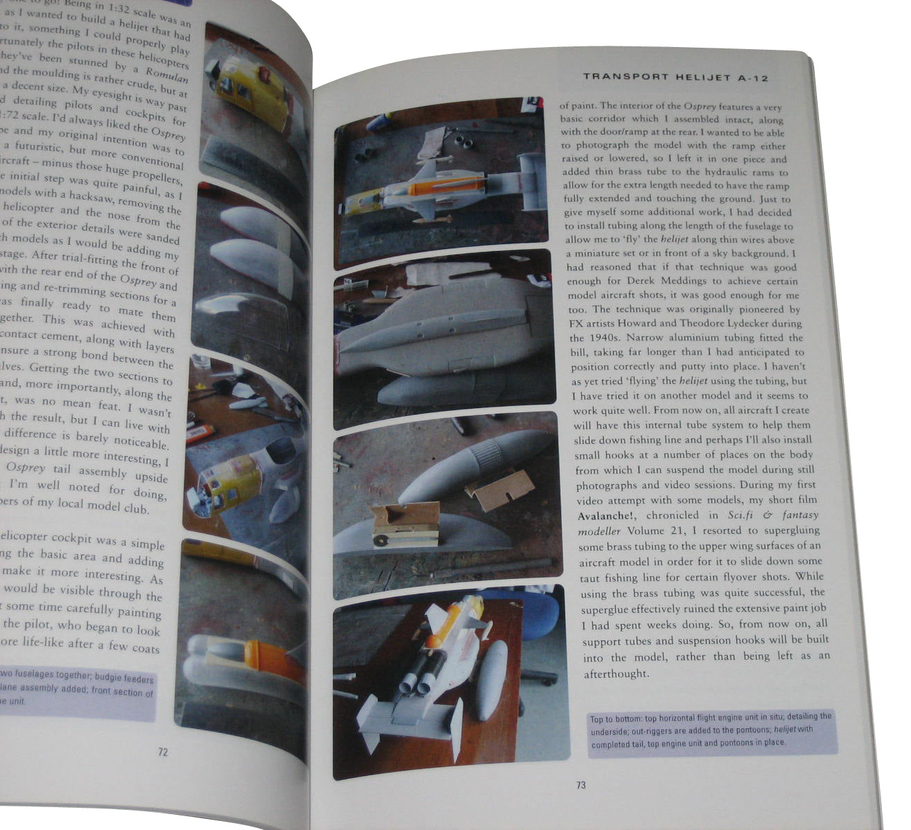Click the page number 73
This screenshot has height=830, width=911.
(581, 785)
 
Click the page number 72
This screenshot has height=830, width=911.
(162, 752)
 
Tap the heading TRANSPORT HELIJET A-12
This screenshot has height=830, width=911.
(675, 77)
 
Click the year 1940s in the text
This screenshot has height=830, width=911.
(588, 338)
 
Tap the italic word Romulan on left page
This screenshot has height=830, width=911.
(167, 76)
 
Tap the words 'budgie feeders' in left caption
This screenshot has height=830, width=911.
(124, 678)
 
